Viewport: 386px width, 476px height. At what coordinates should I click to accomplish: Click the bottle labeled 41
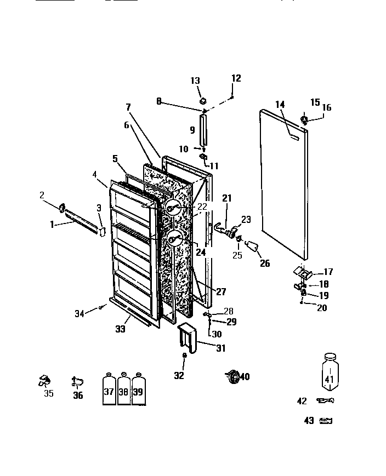329,374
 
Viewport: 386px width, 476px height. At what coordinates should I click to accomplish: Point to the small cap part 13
202,101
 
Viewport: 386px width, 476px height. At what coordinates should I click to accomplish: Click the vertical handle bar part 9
204,130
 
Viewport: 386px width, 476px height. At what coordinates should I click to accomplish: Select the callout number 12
236,78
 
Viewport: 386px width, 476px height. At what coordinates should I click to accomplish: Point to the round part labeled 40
234,376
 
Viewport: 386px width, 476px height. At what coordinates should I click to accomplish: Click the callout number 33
120,329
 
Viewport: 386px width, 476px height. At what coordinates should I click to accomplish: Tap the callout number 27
220,292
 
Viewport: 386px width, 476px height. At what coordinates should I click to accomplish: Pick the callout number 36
78,395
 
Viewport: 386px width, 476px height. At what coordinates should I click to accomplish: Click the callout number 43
309,421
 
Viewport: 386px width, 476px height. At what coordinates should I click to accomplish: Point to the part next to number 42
326,401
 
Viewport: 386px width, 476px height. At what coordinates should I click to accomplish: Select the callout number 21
227,198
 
